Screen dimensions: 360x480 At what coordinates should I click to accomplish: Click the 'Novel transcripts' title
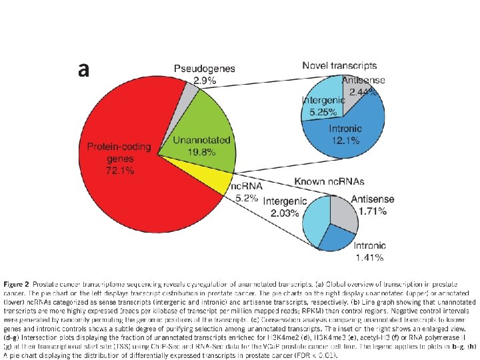[339, 66]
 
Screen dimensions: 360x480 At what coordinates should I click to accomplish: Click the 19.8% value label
[202, 152]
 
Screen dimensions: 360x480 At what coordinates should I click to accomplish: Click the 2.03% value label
[281, 213]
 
